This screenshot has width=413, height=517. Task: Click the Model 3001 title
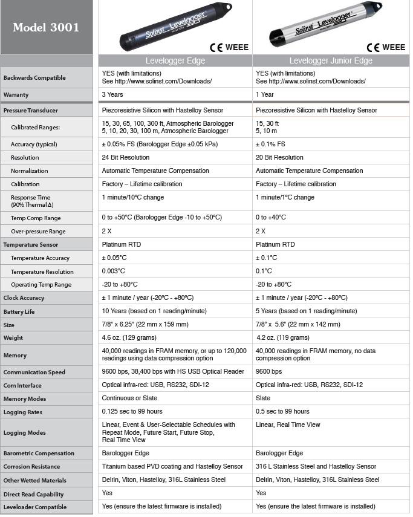(x=46, y=28)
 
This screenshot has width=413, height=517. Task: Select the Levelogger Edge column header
(x=175, y=61)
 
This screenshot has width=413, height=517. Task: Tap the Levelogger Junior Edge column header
(x=330, y=61)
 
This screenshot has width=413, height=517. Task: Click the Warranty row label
(x=16, y=95)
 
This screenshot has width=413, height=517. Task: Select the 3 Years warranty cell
(x=113, y=95)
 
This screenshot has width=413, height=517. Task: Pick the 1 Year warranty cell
(x=265, y=95)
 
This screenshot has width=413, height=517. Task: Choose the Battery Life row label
(x=19, y=311)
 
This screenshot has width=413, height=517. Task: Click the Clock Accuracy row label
(x=23, y=298)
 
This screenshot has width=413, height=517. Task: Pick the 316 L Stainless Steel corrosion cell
(x=316, y=467)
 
